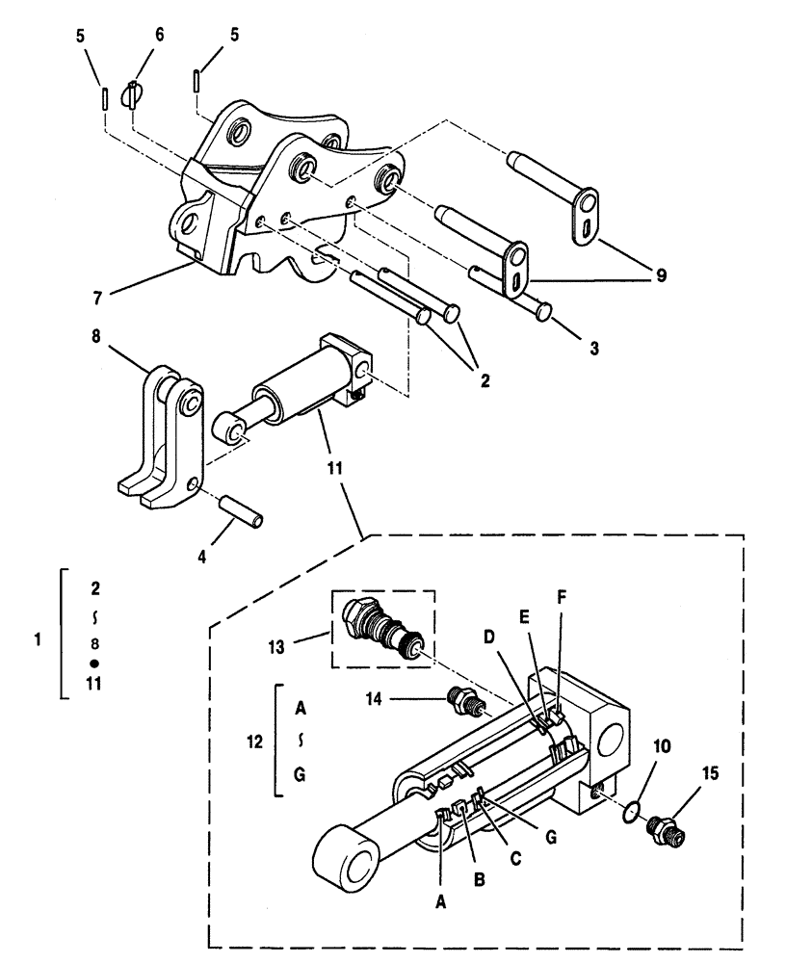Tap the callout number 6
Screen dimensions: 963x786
[159, 35]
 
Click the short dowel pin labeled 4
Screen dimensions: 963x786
[240, 509]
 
